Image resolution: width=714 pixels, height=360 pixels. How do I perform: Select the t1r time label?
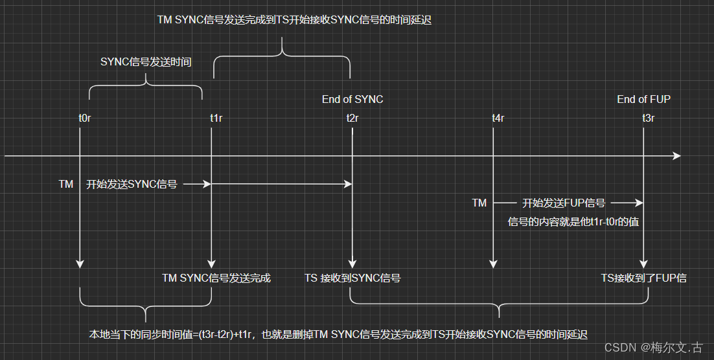[x=216, y=118]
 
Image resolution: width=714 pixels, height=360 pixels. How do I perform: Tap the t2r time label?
[x=352, y=118]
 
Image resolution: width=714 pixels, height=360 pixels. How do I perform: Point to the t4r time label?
[x=498, y=118]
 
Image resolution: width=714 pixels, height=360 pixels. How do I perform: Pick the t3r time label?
[x=648, y=118]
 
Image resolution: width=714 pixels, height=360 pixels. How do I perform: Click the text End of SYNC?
[x=352, y=99]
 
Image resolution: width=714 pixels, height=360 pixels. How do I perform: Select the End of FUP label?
[x=643, y=99]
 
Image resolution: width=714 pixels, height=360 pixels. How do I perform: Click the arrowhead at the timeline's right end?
[x=676, y=156]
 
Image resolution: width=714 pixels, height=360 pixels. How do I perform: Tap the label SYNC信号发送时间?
[x=146, y=62]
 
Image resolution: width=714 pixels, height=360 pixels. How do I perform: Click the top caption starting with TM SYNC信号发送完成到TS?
[x=294, y=20]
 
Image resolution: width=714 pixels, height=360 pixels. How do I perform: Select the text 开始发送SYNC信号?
[x=132, y=185]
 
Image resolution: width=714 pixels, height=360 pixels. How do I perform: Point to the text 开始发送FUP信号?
[x=564, y=203]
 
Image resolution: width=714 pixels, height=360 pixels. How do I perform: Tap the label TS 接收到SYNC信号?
[x=352, y=278]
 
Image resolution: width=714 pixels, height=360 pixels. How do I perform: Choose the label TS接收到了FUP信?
[x=643, y=278]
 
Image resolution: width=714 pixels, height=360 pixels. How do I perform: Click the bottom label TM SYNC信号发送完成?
[x=216, y=278]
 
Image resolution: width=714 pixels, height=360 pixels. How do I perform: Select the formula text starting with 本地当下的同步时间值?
[x=337, y=335]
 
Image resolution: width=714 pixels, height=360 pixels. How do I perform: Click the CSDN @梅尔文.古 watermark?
[x=653, y=348]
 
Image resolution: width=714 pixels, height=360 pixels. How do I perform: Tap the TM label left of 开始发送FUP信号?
[x=479, y=203]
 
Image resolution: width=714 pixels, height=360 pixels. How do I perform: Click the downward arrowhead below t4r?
[x=494, y=264]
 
